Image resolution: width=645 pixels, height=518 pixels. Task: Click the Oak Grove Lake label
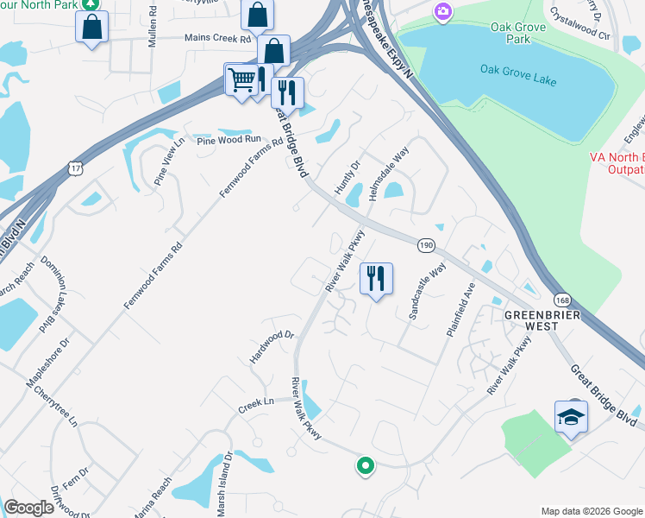pyautogui.click(x=518, y=75)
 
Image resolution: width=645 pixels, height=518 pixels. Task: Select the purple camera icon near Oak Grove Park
pyautogui.click(x=443, y=11)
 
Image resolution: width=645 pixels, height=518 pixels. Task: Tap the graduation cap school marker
pyautogui.click(x=571, y=418)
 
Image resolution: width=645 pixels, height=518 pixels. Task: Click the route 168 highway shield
pyautogui.click(x=562, y=300)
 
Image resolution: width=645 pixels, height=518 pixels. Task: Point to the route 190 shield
pyautogui.click(x=425, y=246)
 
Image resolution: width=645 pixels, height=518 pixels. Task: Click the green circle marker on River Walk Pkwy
pyautogui.click(x=366, y=466)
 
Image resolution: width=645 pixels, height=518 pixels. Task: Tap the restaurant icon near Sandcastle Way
pyautogui.click(x=376, y=279)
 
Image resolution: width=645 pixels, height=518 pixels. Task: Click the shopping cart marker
pyautogui.click(x=241, y=80)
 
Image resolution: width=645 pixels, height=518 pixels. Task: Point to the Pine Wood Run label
pyautogui.click(x=229, y=139)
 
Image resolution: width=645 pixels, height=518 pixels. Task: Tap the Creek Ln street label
pyautogui.click(x=255, y=402)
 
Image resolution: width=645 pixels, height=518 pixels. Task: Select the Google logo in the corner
pyautogui.click(x=28, y=508)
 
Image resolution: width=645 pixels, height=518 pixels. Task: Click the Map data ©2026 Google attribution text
pyautogui.click(x=591, y=511)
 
